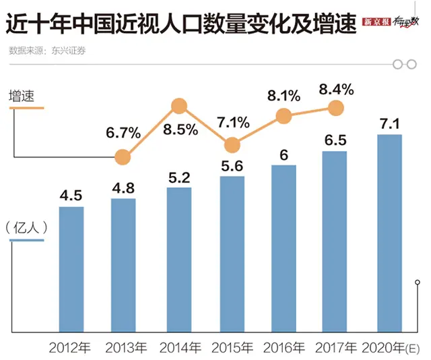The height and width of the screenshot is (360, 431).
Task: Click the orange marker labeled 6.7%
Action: click(x=123, y=157)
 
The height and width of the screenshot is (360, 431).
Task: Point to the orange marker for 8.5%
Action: click(x=179, y=106)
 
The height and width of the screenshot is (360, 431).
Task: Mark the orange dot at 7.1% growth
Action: click(x=232, y=145)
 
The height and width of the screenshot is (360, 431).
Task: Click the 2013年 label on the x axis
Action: click(x=125, y=349)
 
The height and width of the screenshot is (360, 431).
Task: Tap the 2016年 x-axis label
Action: click(x=286, y=349)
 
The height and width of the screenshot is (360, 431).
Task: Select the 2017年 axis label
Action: click(x=338, y=349)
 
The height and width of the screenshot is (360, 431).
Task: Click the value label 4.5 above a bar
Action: click(x=71, y=196)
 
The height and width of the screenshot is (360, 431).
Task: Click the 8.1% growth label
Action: click(x=284, y=96)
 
